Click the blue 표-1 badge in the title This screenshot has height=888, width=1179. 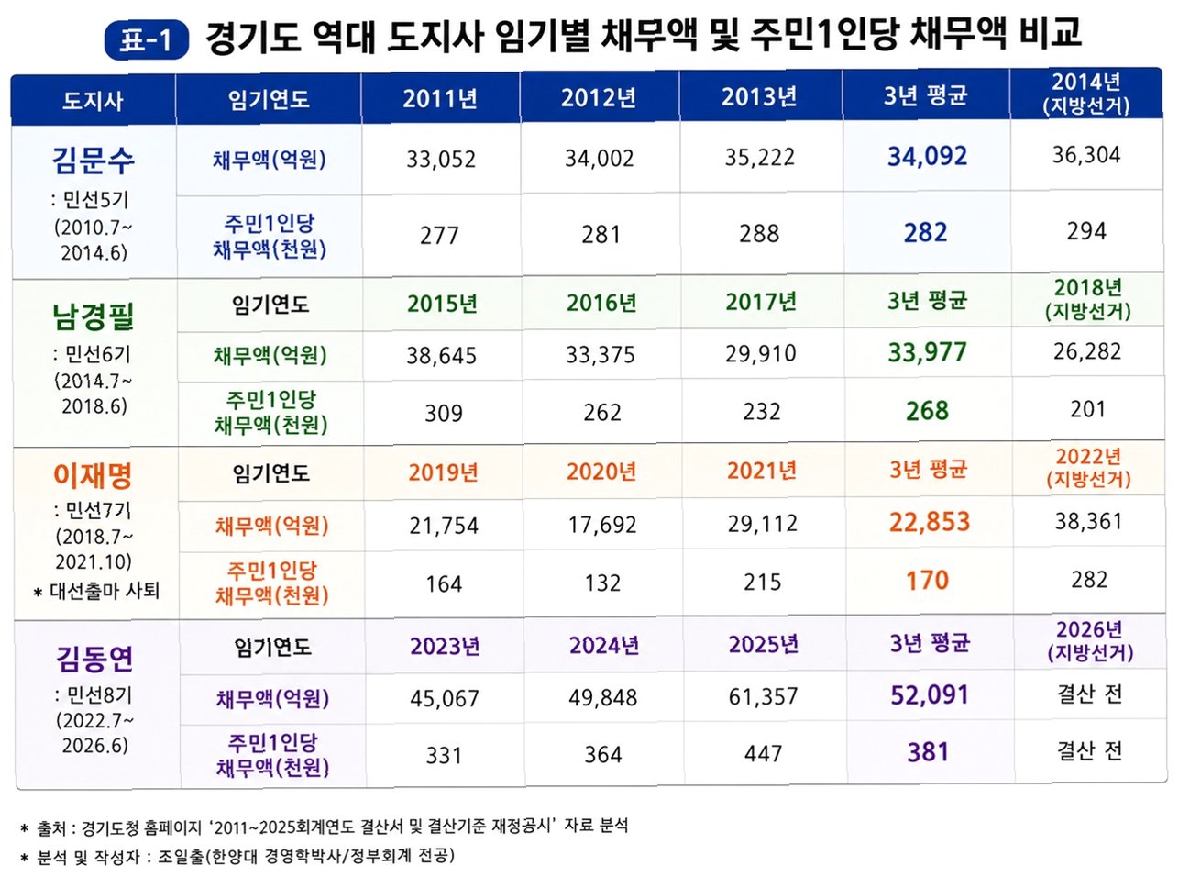pos(146,39)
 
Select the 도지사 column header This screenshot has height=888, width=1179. pos(93,101)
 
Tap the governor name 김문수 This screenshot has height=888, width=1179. pos(93,160)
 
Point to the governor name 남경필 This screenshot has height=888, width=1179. pos(93,316)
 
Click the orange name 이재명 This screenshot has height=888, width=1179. pos(93,475)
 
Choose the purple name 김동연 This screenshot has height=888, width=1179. pos(94,659)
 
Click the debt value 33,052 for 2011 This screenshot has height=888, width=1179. pos(441,160)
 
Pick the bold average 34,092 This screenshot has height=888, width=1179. pos(927,156)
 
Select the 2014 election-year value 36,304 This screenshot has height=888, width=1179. pos(1086,155)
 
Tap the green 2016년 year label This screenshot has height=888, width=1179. pos(601,303)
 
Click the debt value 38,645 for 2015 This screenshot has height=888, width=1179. pos(442,356)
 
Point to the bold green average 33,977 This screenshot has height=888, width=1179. pos(927,352)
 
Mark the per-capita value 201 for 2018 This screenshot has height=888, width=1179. pos(1087,409)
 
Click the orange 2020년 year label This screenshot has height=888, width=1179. pos(601,472)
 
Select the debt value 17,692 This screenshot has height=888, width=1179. pos(602,525)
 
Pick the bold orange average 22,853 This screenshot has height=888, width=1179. pos(930,522)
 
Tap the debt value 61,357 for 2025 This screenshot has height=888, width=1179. pos(763,697)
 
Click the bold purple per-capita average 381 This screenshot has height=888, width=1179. pos(928,752)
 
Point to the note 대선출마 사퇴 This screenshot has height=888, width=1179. pos(105,592)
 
